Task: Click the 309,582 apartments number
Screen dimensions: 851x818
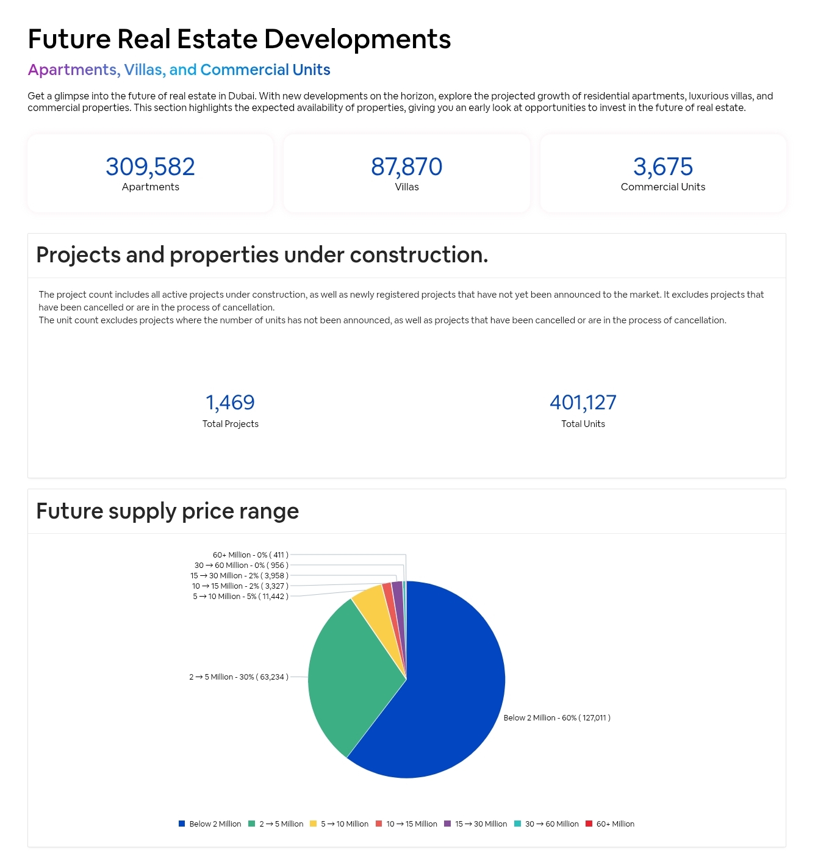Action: click(150, 167)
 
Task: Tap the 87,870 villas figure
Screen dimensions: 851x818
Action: click(406, 167)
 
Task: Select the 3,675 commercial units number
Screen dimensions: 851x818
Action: click(662, 167)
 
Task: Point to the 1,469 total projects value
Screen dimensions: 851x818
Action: click(230, 403)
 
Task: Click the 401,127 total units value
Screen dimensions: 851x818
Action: click(583, 403)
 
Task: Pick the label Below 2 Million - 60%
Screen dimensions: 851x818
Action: click(556, 718)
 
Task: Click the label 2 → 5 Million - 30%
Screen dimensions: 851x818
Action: click(239, 677)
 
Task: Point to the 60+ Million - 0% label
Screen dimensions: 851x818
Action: click(250, 555)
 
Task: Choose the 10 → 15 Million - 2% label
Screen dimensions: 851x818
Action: click(240, 586)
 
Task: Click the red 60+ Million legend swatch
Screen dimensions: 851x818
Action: click(589, 824)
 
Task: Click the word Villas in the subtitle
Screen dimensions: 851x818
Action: click(143, 70)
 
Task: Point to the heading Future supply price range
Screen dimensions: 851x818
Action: click(167, 511)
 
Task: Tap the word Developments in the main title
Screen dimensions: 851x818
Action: click(357, 39)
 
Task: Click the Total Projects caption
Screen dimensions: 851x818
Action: click(230, 424)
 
